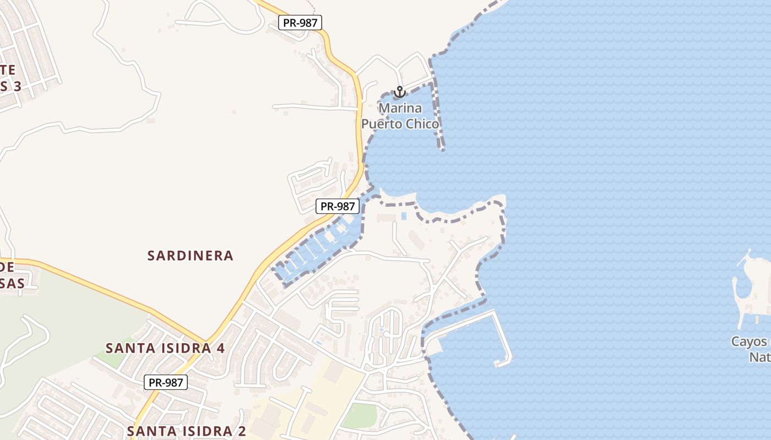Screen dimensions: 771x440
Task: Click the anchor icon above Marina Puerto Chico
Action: [399, 92]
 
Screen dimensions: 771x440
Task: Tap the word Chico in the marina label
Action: [422, 124]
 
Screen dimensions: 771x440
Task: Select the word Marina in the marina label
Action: [400, 107]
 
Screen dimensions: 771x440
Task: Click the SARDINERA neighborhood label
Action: [191, 256]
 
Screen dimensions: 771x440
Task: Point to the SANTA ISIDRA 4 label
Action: [165, 348]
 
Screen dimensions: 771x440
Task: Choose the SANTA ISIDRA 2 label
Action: [186, 431]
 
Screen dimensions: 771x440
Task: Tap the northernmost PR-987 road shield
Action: [300, 23]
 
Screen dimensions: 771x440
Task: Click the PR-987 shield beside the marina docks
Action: [338, 206]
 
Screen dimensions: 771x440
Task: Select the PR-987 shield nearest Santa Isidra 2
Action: [166, 382]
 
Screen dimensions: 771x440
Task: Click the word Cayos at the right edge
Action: [749, 342]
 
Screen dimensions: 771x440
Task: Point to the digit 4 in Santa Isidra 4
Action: [220, 348]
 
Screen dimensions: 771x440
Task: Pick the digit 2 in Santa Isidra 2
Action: [241, 431]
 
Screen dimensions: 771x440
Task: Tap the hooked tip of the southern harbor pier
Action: [503, 362]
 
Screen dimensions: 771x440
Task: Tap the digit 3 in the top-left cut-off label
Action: [17, 86]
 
